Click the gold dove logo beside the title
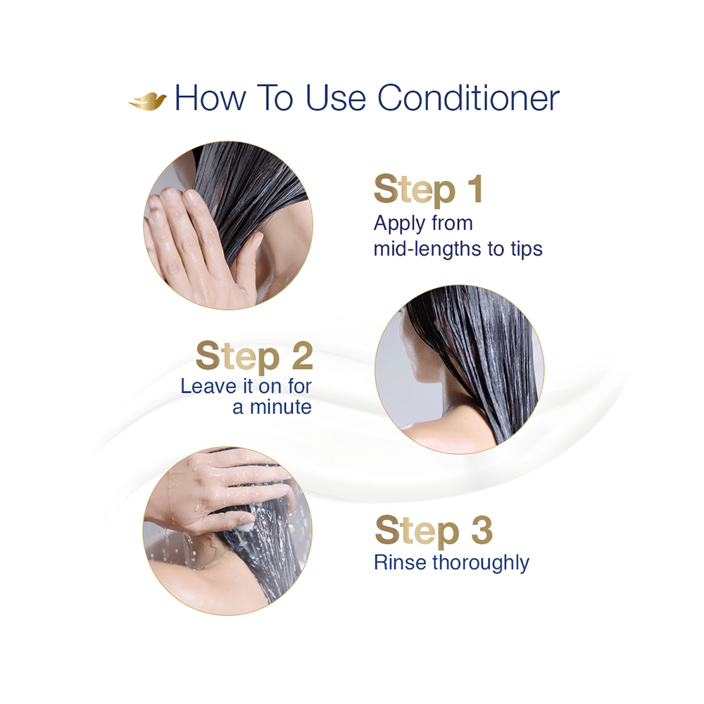(x=147, y=100)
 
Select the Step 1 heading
(x=429, y=190)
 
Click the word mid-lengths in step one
(x=424, y=249)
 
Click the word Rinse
(x=401, y=562)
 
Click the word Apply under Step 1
(x=400, y=225)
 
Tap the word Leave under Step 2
(x=206, y=386)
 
